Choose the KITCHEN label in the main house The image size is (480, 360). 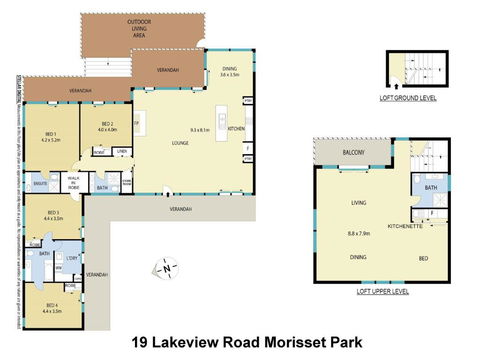[x=236, y=130]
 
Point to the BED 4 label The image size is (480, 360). [x=52, y=307]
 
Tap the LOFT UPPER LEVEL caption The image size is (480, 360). [x=382, y=291]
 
